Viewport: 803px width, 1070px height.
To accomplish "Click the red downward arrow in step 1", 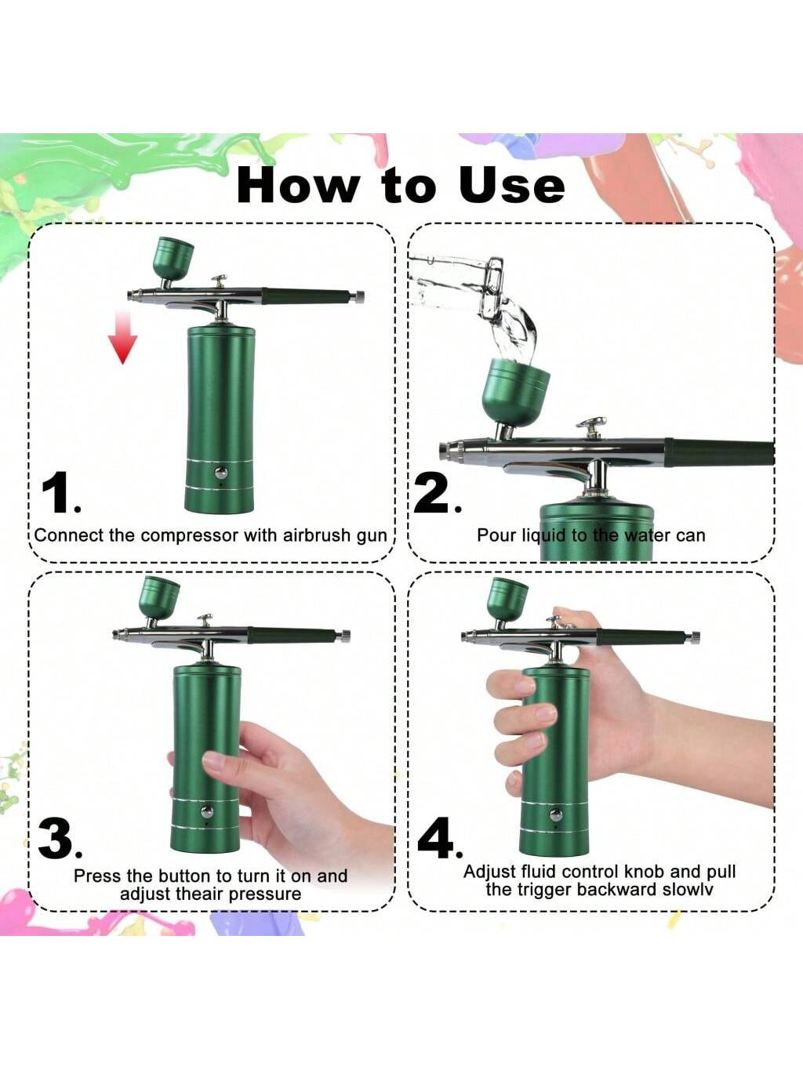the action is tap(122, 337).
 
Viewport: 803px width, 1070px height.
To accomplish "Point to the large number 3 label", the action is tap(59, 840).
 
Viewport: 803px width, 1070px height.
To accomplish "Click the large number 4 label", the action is tap(439, 840).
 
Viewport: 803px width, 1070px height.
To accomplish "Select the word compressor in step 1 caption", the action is tap(189, 536).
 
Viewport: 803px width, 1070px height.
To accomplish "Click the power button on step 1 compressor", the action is tap(221, 472).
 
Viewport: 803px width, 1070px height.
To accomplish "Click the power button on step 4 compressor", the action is tap(555, 814).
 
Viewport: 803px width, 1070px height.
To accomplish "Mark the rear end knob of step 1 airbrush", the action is tap(358, 296).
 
